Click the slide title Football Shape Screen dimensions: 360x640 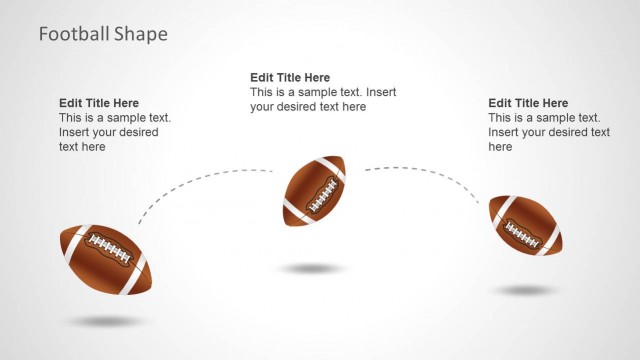[x=103, y=34]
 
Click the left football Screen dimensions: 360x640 [x=104, y=257]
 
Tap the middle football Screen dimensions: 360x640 [x=314, y=190]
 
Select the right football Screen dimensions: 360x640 [x=525, y=225]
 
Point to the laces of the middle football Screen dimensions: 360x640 [x=321, y=193]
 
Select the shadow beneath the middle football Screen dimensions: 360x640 [x=313, y=269]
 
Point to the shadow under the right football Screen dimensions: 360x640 [x=526, y=291]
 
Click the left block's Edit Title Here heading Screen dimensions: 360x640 [x=99, y=103]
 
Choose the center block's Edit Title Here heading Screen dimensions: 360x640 [x=290, y=78]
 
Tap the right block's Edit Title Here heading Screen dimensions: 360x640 [x=528, y=103]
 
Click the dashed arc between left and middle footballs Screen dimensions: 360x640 [x=200, y=178]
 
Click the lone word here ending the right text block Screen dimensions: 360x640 [x=500, y=147]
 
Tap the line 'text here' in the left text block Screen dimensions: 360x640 [x=82, y=147]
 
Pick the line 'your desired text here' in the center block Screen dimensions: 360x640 [x=308, y=107]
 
